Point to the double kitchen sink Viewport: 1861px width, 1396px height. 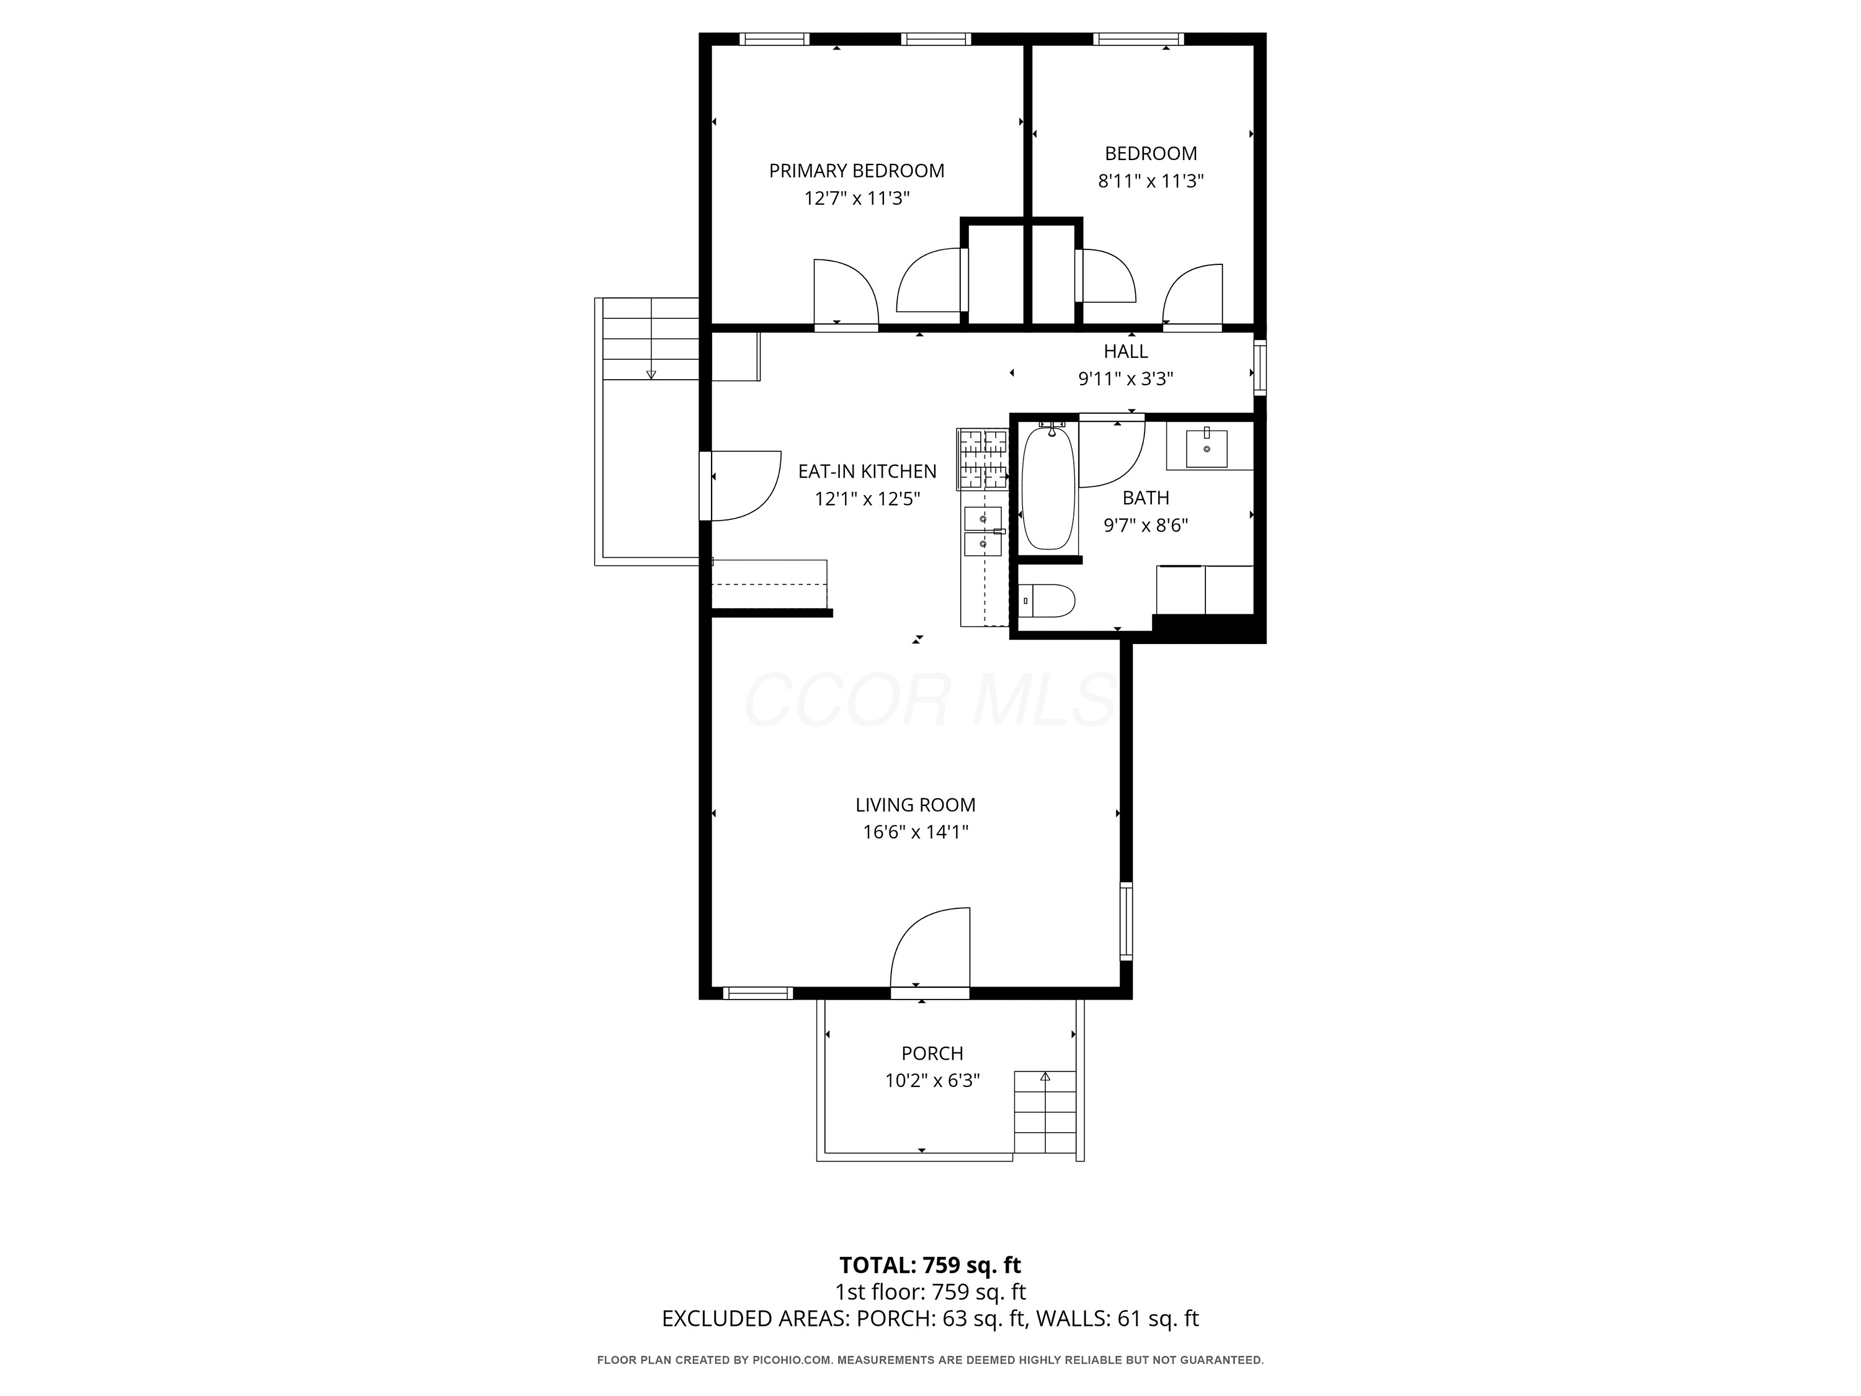coord(983,531)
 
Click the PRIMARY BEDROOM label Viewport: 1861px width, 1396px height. coord(857,171)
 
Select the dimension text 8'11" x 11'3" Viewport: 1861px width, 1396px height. coord(1151,181)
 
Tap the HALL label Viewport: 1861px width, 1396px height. coord(1126,352)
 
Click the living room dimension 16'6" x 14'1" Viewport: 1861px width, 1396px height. coord(916,832)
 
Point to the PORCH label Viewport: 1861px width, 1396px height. coord(932,1054)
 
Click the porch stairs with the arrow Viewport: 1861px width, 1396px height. coord(1045,1112)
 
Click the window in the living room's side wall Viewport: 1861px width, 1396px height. coord(1126,921)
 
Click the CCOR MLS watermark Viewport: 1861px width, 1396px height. coord(930,700)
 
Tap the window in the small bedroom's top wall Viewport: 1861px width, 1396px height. coord(1138,38)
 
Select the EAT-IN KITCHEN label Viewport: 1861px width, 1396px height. coord(867,471)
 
